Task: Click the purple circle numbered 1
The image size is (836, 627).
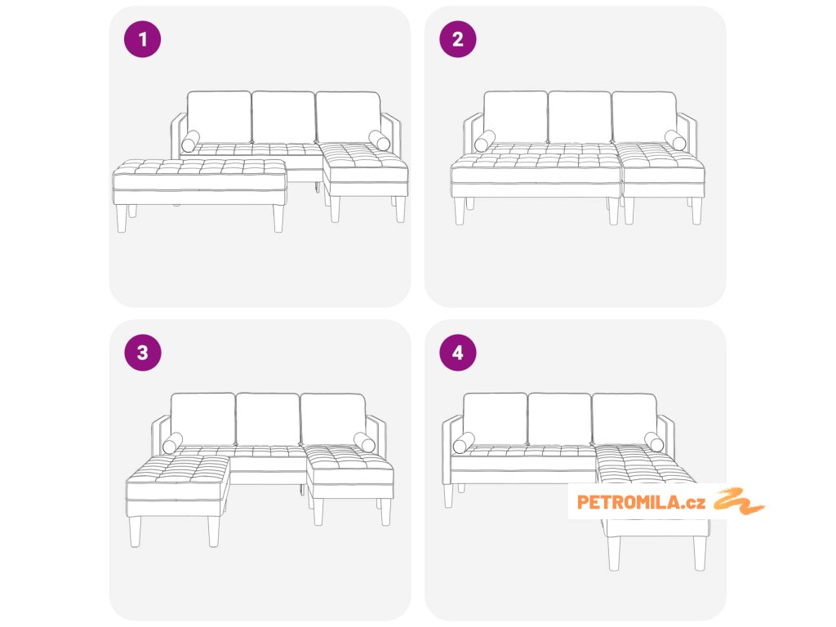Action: coord(142,39)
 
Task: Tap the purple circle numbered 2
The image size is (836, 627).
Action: coord(457,39)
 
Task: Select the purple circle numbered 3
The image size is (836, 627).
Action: coord(142,353)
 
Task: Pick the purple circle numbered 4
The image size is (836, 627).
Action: coord(457,353)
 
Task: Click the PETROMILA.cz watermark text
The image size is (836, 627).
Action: coord(641,502)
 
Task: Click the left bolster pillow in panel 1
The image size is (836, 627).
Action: coord(190,141)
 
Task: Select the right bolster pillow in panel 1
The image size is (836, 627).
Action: coord(379,140)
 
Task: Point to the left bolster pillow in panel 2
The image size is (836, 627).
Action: coord(485,141)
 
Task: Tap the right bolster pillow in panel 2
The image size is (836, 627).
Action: coord(675,140)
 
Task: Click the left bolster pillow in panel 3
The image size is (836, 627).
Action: coord(173,443)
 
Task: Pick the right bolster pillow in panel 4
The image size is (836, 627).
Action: coord(654,442)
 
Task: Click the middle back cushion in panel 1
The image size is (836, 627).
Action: coord(283,118)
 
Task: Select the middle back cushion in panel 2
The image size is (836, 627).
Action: coord(580,118)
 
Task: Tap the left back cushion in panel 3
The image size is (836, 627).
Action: coord(202,420)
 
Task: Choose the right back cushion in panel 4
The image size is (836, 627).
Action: coord(625,420)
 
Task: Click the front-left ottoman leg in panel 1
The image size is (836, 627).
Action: coord(122,219)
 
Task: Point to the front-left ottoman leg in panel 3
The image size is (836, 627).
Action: coord(135,531)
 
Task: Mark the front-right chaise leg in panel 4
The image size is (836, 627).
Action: coord(700,554)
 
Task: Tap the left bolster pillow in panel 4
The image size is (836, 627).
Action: coord(464,443)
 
